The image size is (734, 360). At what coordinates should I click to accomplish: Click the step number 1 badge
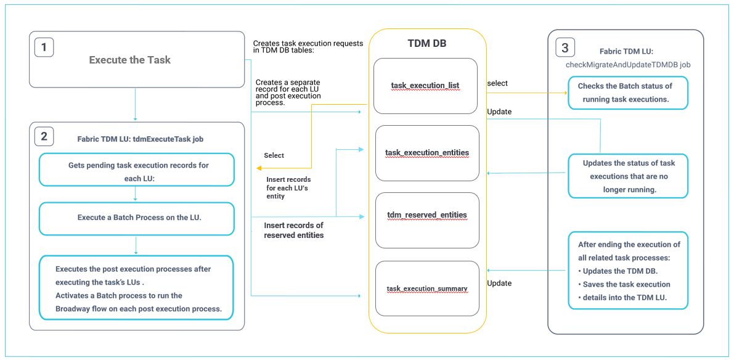click(x=44, y=47)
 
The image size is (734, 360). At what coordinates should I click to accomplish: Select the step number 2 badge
click(x=44, y=136)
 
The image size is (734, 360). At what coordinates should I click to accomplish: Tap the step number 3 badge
click(x=565, y=47)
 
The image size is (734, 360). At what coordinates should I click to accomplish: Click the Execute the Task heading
click(x=129, y=60)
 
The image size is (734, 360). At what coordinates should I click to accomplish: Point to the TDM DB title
click(x=427, y=44)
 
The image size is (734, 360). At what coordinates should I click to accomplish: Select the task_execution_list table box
click(x=425, y=86)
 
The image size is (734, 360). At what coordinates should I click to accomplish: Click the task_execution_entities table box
click(x=426, y=153)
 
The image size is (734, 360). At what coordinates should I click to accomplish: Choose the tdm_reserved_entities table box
click(x=426, y=215)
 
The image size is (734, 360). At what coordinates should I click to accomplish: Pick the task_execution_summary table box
click(x=426, y=288)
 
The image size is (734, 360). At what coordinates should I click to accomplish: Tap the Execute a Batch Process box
click(x=136, y=218)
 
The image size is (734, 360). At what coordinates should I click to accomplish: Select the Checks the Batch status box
click(x=627, y=92)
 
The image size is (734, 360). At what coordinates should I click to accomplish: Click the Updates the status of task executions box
click(x=627, y=176)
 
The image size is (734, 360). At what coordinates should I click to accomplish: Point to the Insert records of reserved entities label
click(x=293, y=230)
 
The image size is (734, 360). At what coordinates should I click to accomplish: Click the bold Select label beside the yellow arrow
click(x=274, y=155)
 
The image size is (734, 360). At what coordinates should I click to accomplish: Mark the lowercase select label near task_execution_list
click(x=497, y=83)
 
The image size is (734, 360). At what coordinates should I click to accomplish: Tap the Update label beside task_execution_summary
click(x=499, y=283)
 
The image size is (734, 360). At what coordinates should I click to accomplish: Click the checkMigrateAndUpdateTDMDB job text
click(x=627, y=63)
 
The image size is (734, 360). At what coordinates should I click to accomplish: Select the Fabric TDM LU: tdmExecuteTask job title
click(x=140, y=139)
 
